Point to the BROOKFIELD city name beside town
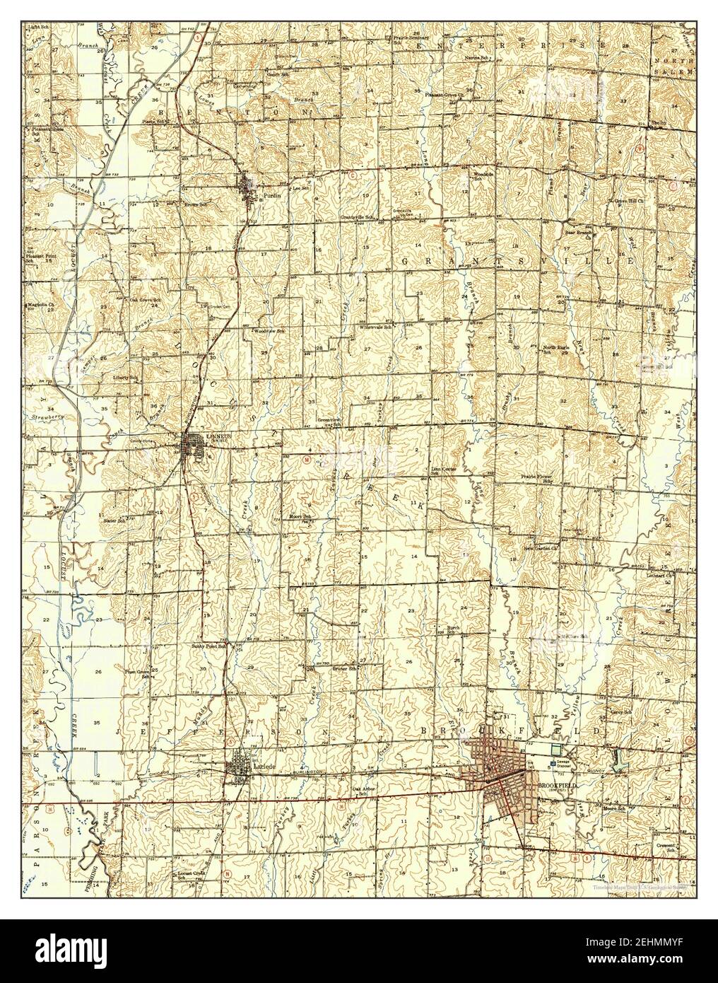click(x=558, y=785)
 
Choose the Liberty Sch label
click(x=125, y=378)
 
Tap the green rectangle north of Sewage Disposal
click(x=555, y=749)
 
